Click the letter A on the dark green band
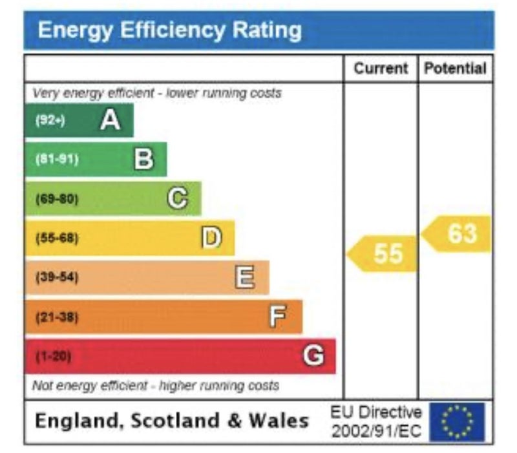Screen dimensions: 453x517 click(x=110, y=120)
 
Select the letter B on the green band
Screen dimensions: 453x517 click(x=143, y=159)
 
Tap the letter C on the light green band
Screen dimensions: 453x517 click(x=178, y=198)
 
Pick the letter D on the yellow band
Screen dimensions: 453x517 click(x=211, y=238)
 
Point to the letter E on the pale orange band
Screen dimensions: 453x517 click(x=244, y=277)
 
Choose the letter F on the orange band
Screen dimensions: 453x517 click(x=277, y=317)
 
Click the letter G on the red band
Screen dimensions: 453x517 click(x=313, y=355)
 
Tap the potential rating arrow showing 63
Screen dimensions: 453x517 click(x=458, y=233)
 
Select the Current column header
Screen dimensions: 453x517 click(x=381, y=68)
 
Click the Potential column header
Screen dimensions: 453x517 click(x=455, y=68)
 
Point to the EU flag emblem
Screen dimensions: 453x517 click(x=457, y=422)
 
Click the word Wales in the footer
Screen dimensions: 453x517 click(x=279, y=421)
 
